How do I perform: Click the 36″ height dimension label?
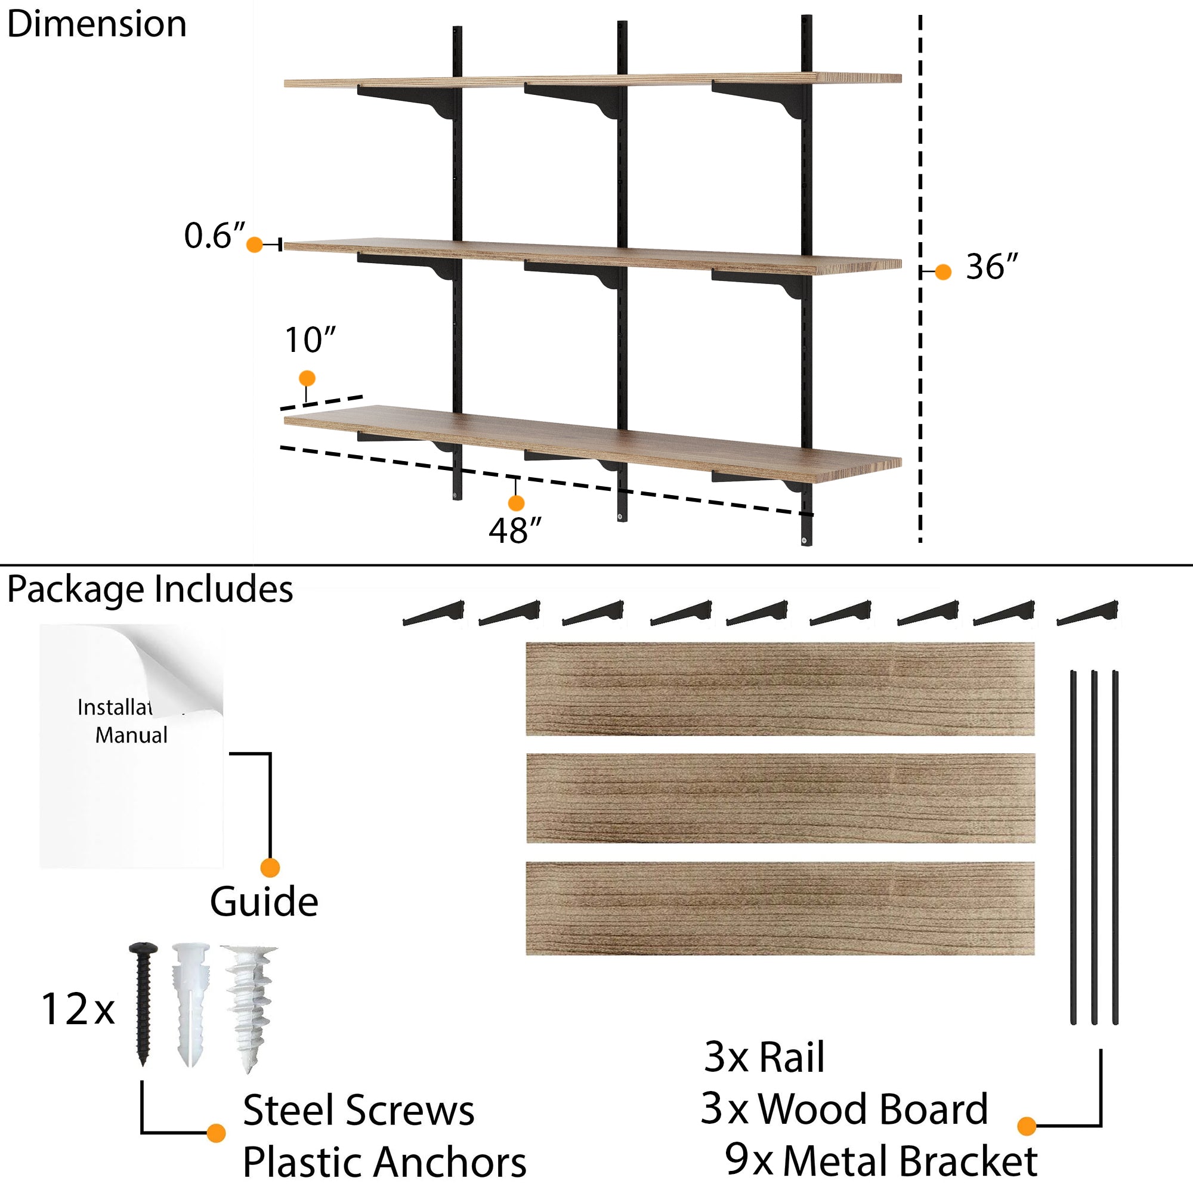[x=991, y=267]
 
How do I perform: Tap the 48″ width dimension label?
[x=514, y=530]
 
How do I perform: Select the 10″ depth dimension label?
[x=310, y=340]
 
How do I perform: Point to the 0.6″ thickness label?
[x=214, y=236]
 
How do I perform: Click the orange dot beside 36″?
[x=943, y=271]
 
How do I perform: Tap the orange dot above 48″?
[x=516, y=503]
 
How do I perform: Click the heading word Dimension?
[x=97, y=24]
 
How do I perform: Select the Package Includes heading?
[x=150, y=589]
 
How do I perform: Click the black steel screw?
[x=143, y=1003]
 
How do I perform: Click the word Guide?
[x=264, y=902]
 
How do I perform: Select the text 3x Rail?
[x=765, y=1057]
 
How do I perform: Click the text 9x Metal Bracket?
[x=880, y=1160]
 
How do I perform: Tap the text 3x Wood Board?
[x=844, y=1109]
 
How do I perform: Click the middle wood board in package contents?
[x=780, y=798]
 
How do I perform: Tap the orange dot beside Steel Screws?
[x=216, y=1133]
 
